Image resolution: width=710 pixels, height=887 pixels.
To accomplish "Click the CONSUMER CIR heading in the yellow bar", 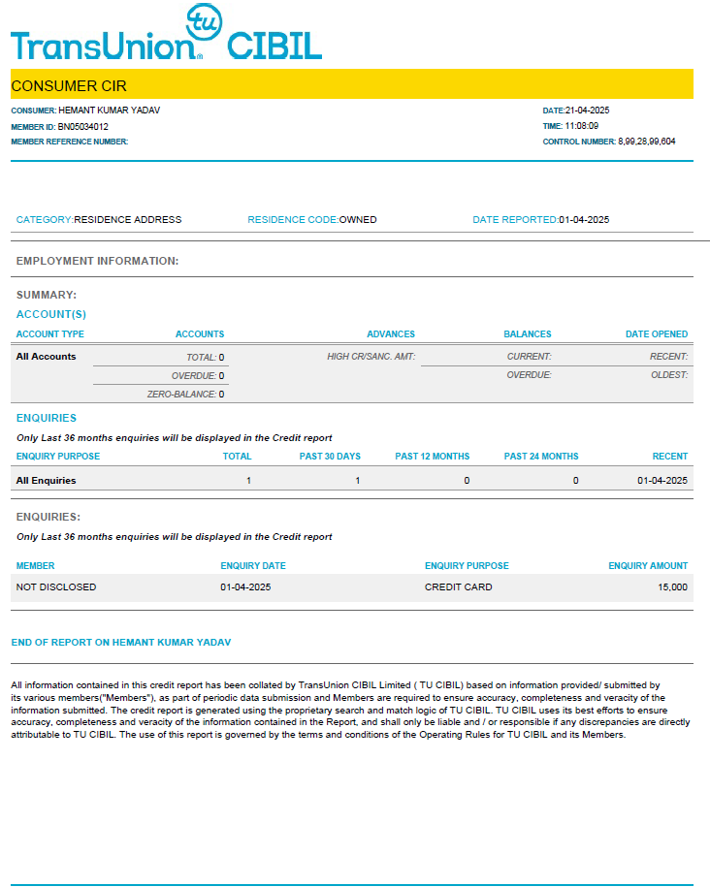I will [69, 85].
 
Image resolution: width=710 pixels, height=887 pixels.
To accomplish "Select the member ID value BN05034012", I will [83, 126].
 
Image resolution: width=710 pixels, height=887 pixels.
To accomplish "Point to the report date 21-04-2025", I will [587, 111].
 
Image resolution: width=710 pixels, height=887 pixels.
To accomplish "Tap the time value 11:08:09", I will [582, 126].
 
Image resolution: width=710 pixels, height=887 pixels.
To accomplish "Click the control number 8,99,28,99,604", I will [647, 142].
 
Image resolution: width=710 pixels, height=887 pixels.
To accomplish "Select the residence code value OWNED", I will [358, 220].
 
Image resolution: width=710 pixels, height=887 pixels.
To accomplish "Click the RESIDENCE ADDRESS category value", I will [128, 220].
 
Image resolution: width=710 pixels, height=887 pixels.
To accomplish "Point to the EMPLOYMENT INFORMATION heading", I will [97, 261].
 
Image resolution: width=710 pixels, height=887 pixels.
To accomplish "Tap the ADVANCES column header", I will [391, 334].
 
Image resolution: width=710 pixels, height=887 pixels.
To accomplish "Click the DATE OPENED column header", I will [657, 334].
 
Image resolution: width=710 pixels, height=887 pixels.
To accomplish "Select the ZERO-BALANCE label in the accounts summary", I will [181, 395].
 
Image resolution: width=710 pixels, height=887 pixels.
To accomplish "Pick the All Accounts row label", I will [46, 357].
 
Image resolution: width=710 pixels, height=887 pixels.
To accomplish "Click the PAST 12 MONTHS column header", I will [433, 457].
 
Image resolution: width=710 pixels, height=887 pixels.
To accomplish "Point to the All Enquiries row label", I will [46, 480].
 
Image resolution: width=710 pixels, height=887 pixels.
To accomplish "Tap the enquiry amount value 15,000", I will [672, 587].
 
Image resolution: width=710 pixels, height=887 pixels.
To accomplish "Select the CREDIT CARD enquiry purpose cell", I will [459, 587].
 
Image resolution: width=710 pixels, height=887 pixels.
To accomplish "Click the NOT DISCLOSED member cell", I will [56, 587].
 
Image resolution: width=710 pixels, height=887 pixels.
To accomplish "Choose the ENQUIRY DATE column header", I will [253, 566].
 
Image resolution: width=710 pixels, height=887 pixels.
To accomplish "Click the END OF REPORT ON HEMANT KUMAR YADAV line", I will [120, 643].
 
